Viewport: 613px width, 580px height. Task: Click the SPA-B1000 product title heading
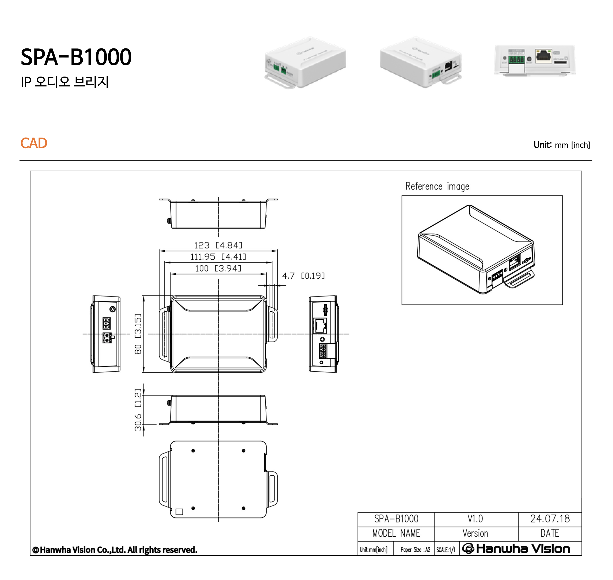[76, 57]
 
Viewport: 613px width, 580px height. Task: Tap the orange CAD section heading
[34, 143]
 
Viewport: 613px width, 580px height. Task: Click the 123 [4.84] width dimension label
[218, 245]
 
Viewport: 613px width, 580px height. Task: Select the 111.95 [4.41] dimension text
[218, 257]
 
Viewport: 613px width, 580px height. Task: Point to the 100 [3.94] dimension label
[218, 268]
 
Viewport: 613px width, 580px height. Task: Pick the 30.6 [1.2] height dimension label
[138, 410]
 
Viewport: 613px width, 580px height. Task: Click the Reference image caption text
[437, 187]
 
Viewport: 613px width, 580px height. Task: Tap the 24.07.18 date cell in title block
[550, 519]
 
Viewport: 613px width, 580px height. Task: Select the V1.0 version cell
[475, 519]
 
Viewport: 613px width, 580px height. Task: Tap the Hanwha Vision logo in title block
[516, 549]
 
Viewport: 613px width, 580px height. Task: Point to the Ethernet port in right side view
[320, 325]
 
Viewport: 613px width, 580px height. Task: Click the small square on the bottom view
[179, 512]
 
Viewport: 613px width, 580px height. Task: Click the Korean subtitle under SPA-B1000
[64, 82]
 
